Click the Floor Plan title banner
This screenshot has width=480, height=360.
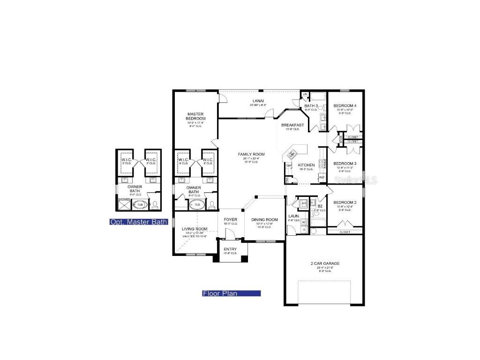point(231,293)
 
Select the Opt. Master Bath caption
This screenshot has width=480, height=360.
point(138,222)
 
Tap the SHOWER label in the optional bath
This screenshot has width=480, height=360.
point(124,199)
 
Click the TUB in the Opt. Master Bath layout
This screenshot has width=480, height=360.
point(140,204)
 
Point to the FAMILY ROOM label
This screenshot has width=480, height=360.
point(251,154)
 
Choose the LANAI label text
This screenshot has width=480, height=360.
point(258,101)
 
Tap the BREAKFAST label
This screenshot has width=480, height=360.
point(292,125)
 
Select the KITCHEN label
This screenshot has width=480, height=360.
point(306,165)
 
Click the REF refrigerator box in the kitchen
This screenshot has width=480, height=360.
point(322,178)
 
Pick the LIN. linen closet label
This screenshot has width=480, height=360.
point(305,95)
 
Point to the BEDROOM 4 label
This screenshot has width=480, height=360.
point(345,106)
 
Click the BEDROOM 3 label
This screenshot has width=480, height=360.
point(345,164)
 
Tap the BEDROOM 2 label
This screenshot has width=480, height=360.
point(345,202)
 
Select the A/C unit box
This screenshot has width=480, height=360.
point(304,202)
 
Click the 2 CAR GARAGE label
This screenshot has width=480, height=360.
point(325,263)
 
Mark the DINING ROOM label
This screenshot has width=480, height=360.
point(264,219)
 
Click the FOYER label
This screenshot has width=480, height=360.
point(230,219)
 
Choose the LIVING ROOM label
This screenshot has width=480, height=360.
point(195,229)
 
